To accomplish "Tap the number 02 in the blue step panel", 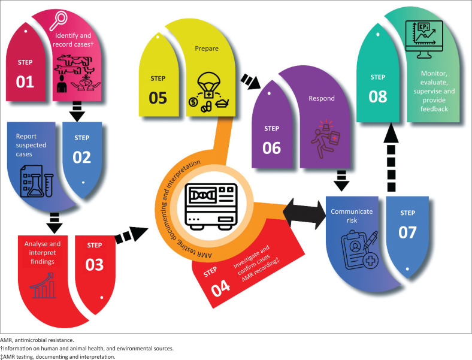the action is click(x=82, y=157).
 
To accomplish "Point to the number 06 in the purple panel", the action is click(x=271, y=147).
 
